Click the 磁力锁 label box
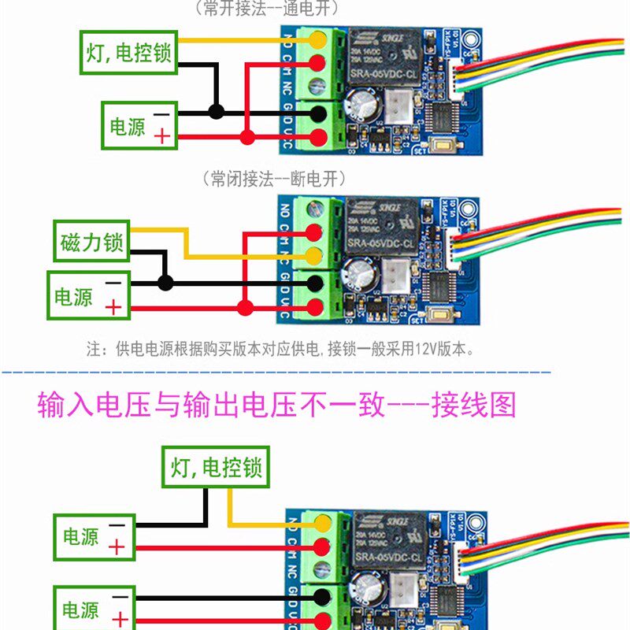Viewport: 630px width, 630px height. [92, 243]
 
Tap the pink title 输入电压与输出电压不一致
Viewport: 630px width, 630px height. [276, 405]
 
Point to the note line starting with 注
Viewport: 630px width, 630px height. [280, 348]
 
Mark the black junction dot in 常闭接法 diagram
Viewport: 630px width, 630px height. [165, 283]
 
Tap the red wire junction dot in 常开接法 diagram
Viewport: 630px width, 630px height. [247, 138]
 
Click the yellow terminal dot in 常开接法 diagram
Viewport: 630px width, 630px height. [319, 39]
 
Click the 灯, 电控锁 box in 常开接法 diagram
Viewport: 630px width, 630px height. [128, 53]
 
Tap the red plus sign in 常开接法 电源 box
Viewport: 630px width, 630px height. [162, 136]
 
